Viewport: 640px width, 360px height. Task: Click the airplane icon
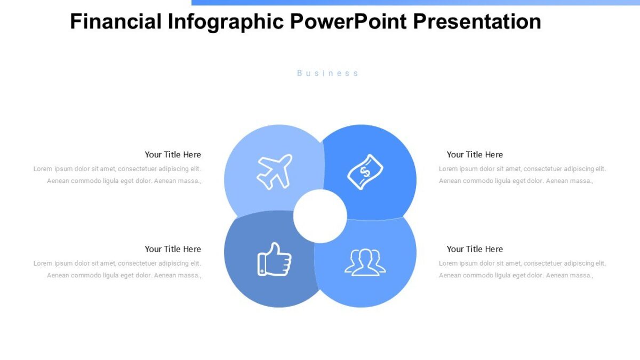click(x=274, y=171)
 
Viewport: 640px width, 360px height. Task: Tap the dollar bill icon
click(x=365, y=172)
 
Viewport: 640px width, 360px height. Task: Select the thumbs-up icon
click(x=274, y=260)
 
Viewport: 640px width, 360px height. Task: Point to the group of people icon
click(x=365, y=261)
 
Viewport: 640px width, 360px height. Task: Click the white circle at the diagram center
click(x=320, y=216)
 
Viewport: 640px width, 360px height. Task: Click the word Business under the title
click(x=327, y=73)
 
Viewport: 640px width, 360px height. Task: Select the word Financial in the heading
click(x=116, y=22)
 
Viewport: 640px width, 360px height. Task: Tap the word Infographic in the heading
click(x=226, y=22)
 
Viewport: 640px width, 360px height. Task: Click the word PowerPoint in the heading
click(x=349, y=22)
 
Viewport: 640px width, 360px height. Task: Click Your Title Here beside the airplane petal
click(x=173, y=155)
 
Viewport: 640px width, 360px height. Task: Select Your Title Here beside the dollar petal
click(x=475, y=155)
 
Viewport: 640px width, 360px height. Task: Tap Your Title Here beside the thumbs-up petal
click(x=173, y=249)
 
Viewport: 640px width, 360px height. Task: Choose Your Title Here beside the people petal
click(x=475, y=249)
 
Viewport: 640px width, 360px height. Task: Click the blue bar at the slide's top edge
click(x=415, y=2)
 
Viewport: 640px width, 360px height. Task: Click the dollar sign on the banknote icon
click(x=365, y=172)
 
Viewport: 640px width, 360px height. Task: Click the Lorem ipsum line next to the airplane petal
click(x=117, y=169)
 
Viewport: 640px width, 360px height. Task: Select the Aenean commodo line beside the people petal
click(x=516, y=276)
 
